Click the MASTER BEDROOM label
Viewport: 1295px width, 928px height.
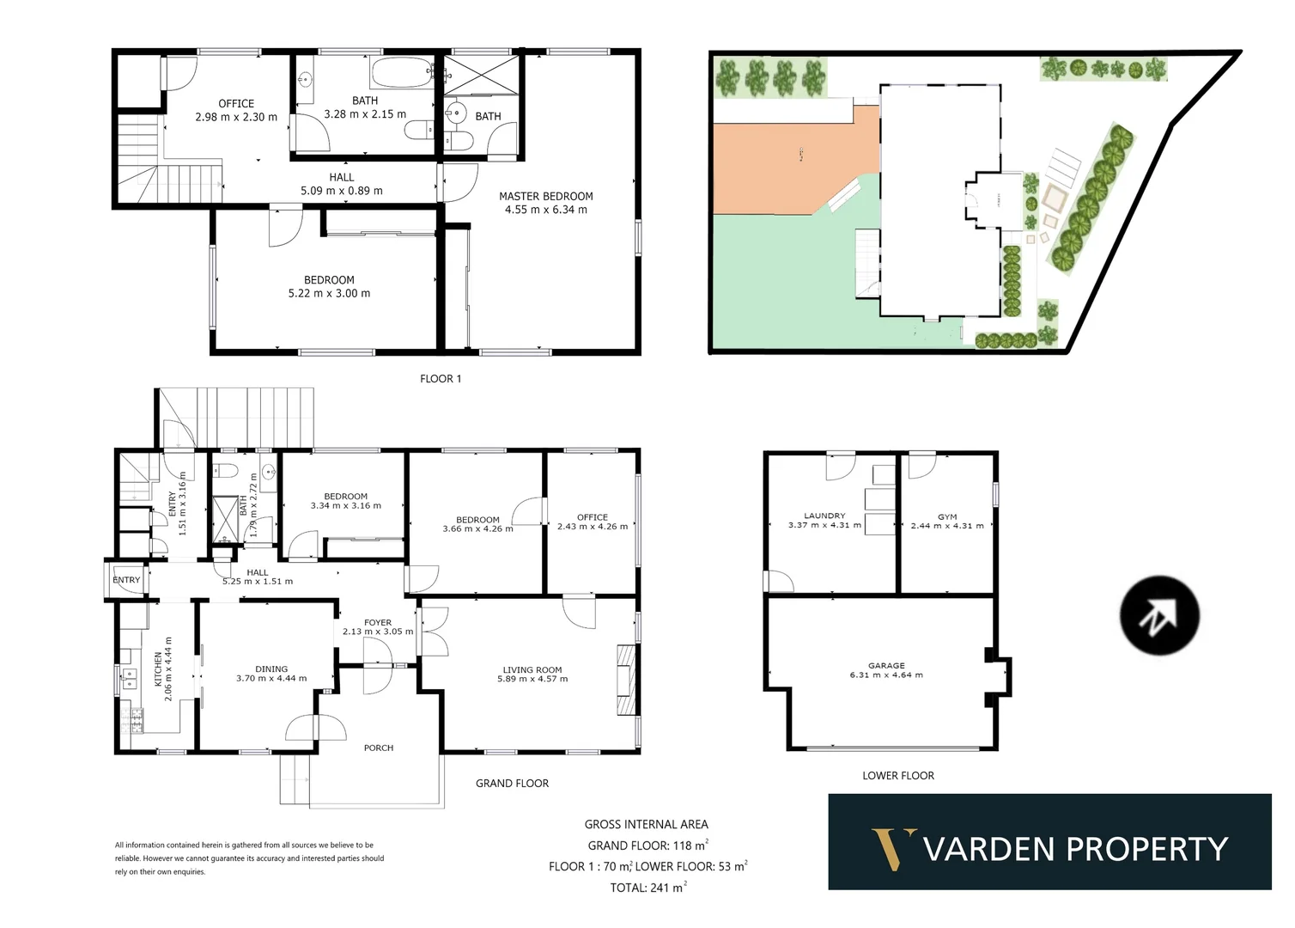tap(546, 197)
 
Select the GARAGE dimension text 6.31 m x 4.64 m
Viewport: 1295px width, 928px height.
tap(886, 675)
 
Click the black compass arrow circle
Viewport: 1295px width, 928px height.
tap(1159, 615)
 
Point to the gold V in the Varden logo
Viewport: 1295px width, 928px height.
tap(893, 849)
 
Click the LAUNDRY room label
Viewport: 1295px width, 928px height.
tap(824, 516)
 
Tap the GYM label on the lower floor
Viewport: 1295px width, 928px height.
tap(947, 517)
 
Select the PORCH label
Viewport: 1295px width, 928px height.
tap(378, 748)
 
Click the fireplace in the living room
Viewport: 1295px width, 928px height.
tap(627, 679)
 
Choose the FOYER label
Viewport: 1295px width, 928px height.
tap(378, 623)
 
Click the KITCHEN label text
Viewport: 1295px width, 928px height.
tap(158, 669)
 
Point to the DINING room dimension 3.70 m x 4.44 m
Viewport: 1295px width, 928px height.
tap(271, 679)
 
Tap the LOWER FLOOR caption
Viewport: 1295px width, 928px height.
tap(898, 776)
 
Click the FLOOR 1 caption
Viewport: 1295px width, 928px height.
tap(441, 379)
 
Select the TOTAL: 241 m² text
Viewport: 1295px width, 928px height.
tap(648, 888)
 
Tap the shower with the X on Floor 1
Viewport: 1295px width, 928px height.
tap(480, 74)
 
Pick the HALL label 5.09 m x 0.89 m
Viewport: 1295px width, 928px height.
tap(342, 185)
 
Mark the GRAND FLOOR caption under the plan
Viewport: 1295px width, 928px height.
tap(512, 784)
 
